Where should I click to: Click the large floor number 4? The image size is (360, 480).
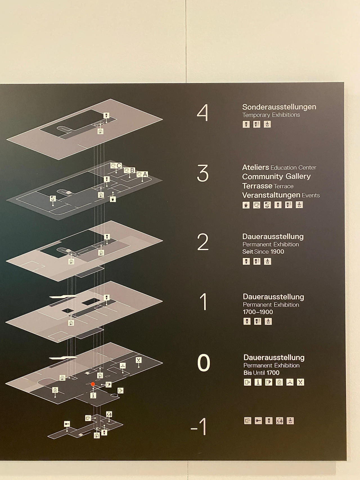(202, 113)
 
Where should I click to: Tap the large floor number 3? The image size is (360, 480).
(203, 173)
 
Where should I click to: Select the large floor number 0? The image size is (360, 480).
(204, 363)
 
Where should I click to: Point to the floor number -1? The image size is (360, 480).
(199, 427)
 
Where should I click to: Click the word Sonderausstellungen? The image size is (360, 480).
(279, 107)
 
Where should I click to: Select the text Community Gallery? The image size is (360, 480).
(276, 176)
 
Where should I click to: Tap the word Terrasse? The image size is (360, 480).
(257, 186)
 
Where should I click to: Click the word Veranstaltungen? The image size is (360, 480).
(271, 195)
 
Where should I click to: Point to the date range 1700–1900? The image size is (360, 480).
(258, 312)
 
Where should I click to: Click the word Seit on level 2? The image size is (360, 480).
(247, 252)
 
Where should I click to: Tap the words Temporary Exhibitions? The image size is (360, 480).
(271, 115)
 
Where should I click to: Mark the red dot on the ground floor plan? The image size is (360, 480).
(93, 384)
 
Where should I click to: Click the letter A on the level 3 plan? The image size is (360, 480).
(145, 174)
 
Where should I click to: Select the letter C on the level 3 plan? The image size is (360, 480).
(119, 166)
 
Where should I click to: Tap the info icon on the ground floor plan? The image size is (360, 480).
(93, 395)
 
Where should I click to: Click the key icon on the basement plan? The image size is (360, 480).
(67, 424)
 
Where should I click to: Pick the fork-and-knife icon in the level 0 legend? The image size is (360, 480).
(300, 382)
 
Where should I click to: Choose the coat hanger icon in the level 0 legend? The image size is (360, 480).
(290, 382)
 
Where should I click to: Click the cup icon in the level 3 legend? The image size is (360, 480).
(246, 205)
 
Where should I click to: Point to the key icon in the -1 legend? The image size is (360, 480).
(258, 421)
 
